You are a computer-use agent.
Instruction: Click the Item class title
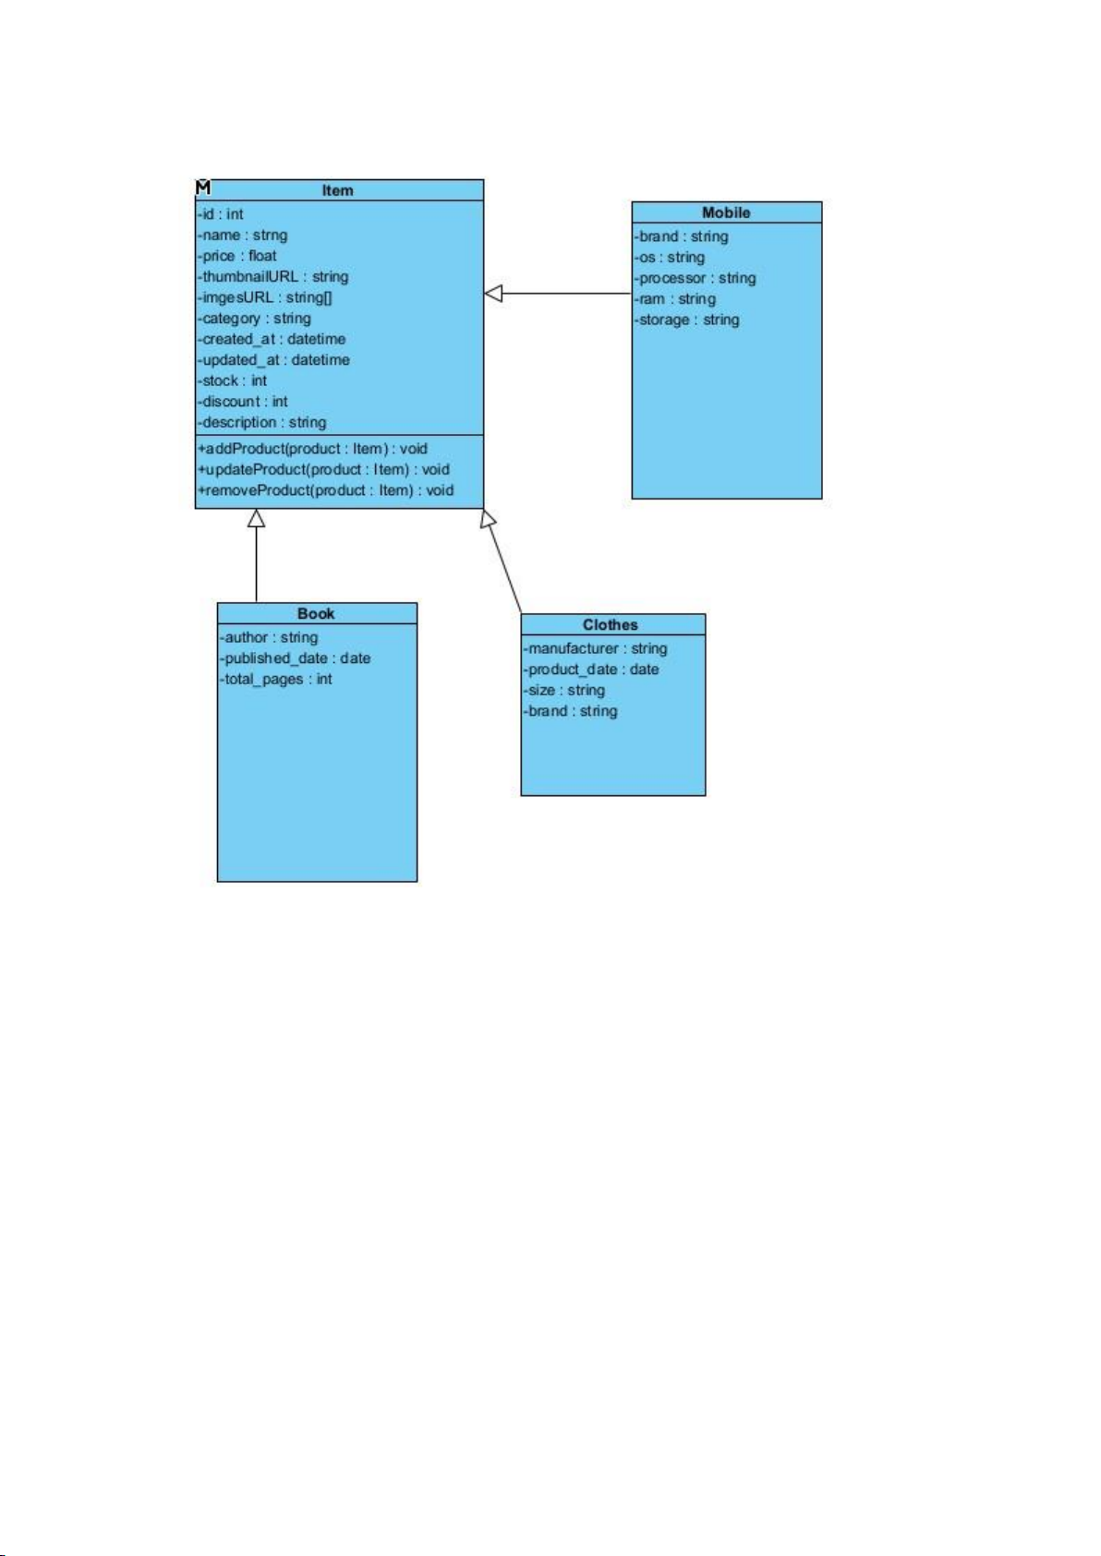(x=337, y=190)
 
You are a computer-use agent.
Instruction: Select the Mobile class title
(x=726, y=212)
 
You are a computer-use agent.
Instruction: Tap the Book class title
(x=316, y=613)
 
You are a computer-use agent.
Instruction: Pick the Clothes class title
(x=611, y=624)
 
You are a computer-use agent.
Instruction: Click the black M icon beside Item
(x=203, y=187)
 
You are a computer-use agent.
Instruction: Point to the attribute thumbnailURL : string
(x=273, y=276)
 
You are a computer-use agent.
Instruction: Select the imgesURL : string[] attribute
(x=265, y=297)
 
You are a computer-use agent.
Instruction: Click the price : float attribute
(x=236, y=256)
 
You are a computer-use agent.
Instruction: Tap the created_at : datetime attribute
(x=272, y=339)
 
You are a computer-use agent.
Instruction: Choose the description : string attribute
(x=262, y=422)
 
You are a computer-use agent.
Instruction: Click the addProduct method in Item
(x=312, y=449)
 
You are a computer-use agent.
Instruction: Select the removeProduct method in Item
(x=326, y=490)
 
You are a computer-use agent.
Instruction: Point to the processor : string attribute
(x=696, y=278)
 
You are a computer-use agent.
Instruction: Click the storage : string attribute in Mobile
(x=687, y=320)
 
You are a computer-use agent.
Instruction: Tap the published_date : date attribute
(x=296, y=657)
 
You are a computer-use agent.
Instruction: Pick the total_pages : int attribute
(x=276, y=679)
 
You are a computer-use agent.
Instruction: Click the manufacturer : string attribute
(x=596, y=648)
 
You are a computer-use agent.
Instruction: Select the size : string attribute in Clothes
(x=564, y=690)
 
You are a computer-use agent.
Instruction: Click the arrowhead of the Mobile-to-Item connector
(x=493, y=293)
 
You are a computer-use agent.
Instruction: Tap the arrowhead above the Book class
(x=257, y=518)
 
